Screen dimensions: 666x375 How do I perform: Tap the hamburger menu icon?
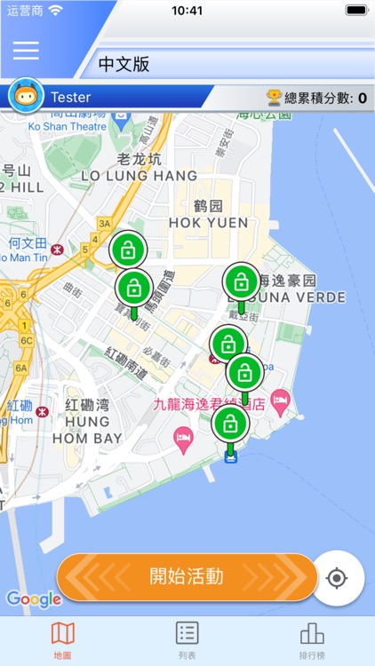point(26,50)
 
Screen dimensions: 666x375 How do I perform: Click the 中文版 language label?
point(124,64)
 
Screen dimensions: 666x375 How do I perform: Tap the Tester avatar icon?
point(26,97)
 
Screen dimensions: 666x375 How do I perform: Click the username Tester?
point(71,98)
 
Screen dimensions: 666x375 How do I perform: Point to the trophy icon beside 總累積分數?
point(274,98)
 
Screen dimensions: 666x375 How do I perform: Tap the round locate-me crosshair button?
point(337,578)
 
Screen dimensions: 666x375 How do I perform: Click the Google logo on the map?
point(34,599)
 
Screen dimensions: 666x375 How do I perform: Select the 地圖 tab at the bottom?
point(63,639)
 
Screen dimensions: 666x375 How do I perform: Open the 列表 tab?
point(187,639)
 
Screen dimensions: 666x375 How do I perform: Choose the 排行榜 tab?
point(312,639)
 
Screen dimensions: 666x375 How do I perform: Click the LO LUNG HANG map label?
point(126,176)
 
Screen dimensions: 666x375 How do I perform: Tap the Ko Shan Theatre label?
point(55,126)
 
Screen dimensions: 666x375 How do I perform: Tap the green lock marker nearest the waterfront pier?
point(230,424)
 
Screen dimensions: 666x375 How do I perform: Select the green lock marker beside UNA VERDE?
point(241,281)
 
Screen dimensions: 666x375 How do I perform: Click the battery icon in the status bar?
point(355,11)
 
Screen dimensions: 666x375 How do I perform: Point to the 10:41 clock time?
point(187,11)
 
